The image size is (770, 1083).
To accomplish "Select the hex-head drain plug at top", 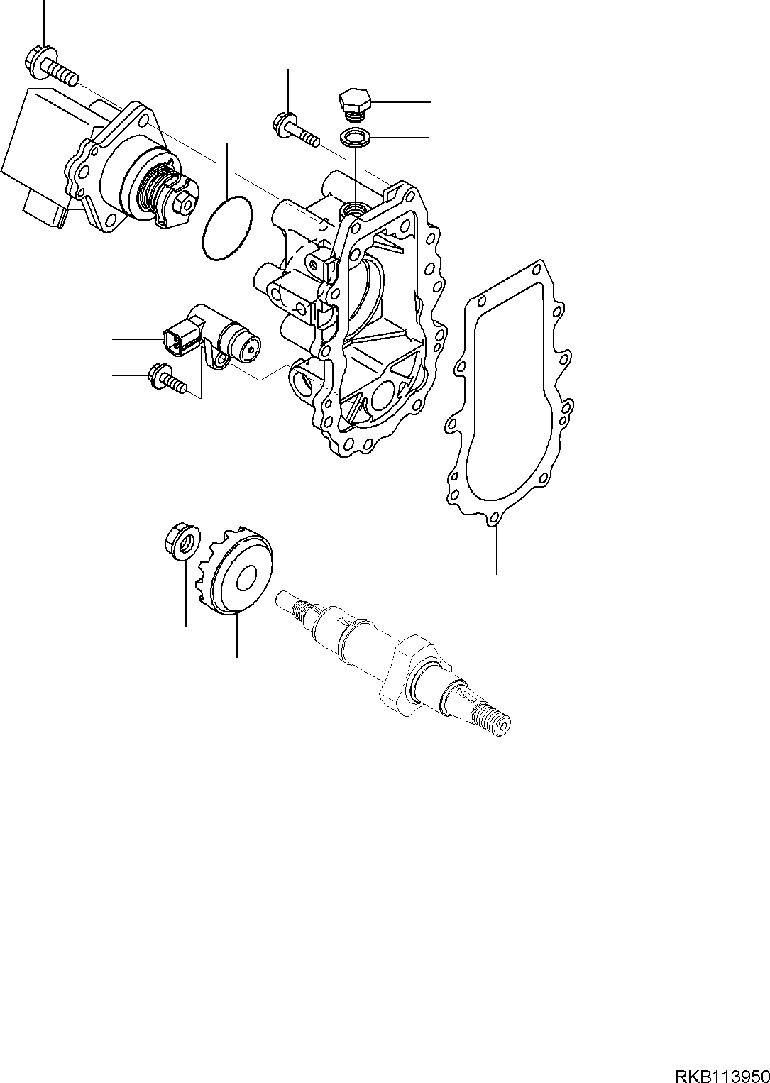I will click(x=354, y=103).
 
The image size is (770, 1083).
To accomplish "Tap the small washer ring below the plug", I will click(x=354, y=138).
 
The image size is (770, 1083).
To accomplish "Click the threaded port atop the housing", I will click(x=353, y=209).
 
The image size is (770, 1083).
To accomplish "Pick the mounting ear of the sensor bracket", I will click(x=221, y=361).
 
